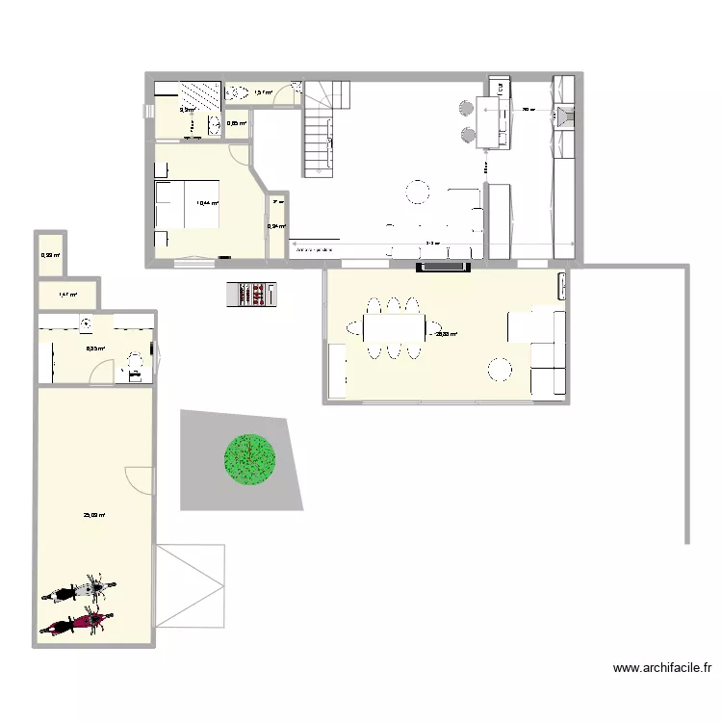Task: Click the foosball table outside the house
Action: pyautogui.click(x=250, y=294)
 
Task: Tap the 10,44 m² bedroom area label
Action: pyautogui.click(x=207, y=203)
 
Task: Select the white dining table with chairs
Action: pyautogui.click(x=393, y=329)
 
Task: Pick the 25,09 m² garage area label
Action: pyautogui.click(x=94, y=515)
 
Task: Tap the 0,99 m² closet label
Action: pyautogui.click(x=50, y=255)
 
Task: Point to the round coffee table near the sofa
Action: pyautogui.click(x=500, y=369)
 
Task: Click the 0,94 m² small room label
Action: pyautogui.click(x=275, y=226)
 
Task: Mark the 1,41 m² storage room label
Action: pyautogui.click(x=66, y=295)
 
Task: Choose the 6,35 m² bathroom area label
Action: pyautogui.click(x=95, y=349)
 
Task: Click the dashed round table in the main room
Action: pyautogui.click(x=418, y=192)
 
